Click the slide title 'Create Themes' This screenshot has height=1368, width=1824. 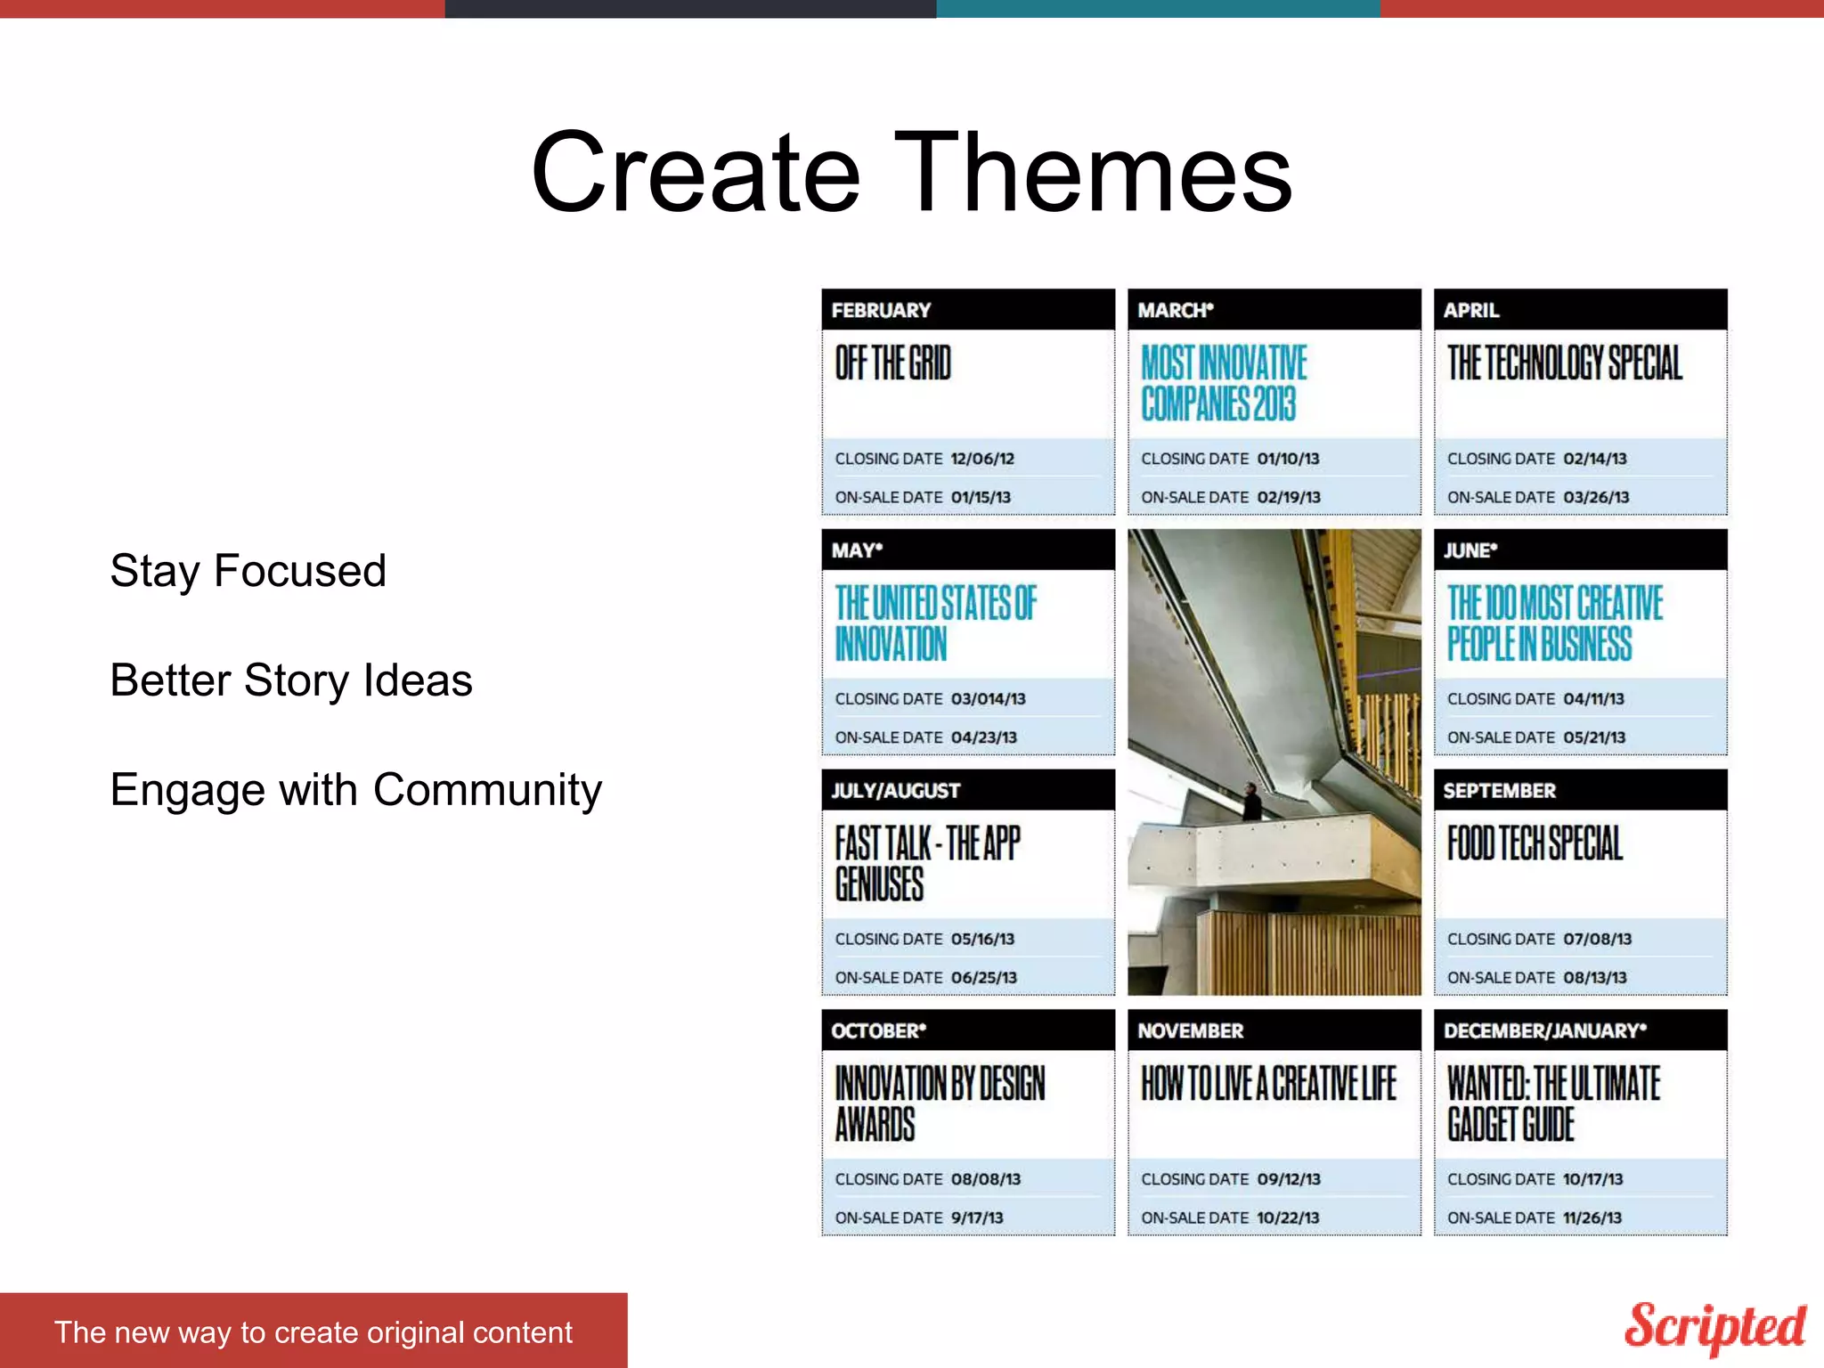pyautogui.click(x=911, y=172)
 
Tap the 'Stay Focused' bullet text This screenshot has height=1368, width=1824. pyautogui.click(x=248, y=571)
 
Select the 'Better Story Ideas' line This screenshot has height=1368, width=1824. pyautogui.click(x=290, y=680)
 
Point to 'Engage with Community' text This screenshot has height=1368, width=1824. pyautogui.click(x=355, y=790)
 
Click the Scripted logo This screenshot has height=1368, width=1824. pyautogui.click(x=1714, y=1326)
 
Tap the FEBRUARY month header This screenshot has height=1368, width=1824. pyautogui.click(x=881, y=310)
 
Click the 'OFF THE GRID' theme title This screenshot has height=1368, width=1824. pyautogui.click(x=893, y=363)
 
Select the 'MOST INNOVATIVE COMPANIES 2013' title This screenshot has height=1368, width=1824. pyautogui.click(x=1224, y=383)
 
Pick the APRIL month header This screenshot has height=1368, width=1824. pyautogui.click(x=1471, y=310)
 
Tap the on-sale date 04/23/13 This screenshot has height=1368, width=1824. pyautogui.click(x=983, y=737)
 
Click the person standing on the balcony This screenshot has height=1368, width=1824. pyautogui.click(x=1252, y=802)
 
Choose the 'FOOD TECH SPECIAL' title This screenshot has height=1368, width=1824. pyautogui.click(x=1535, y=843)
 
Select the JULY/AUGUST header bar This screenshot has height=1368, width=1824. pyautogui.click(x=967, y=790)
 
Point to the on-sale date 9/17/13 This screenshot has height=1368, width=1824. pyautogui.click(x=976, y=1217)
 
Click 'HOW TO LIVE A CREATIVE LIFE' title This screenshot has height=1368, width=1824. pyautogui.click(x=1268, y=1083)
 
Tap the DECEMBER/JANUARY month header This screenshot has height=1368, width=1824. pyautogui.click(x=1544, y=1030)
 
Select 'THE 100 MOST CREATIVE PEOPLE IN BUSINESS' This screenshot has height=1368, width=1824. pyautogui.click(x=1554, y=623)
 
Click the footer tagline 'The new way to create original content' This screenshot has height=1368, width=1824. pyautogui.click(x=313, y=1332)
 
